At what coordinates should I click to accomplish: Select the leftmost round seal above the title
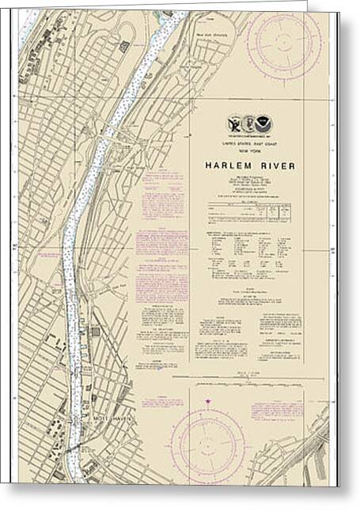233,123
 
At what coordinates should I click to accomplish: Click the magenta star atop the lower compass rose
209,402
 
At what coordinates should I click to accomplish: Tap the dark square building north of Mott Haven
96,331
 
